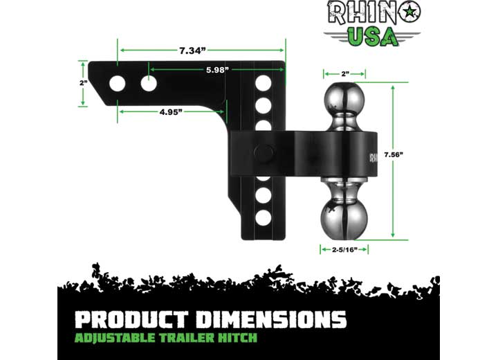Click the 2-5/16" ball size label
pos(344,249)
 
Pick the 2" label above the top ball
pos(344,72)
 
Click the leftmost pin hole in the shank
pos(118,84)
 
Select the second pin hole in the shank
pos(149,84)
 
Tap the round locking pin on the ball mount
pos(263,153)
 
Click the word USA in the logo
pos(373,36)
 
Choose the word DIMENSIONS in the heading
pos(275,320)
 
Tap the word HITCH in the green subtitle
pos(239,338)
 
